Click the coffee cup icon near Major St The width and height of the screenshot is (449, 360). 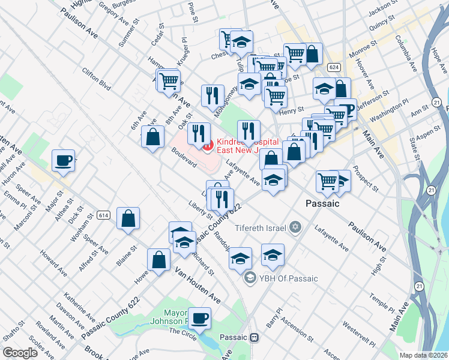(x=63, y=160)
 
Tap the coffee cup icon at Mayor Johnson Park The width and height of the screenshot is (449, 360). (x=199, y=318)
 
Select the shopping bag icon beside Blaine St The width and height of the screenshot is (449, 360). (x=128, y=218)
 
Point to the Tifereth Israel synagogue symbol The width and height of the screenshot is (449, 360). (x=294, y=227)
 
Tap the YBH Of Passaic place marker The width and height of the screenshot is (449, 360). (x=250, y=278)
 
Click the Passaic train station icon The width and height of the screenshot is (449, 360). (x=255, y=337)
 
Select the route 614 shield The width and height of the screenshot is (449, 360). (x=103, y=214)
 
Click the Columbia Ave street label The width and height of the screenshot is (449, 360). (x=406, y=56)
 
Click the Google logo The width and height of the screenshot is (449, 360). (x=20, y=352)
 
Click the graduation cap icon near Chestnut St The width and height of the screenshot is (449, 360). (x=241, y=42)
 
